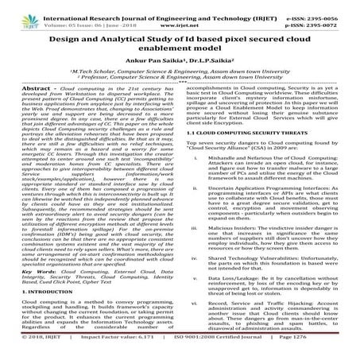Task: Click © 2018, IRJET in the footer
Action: [29, 354]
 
